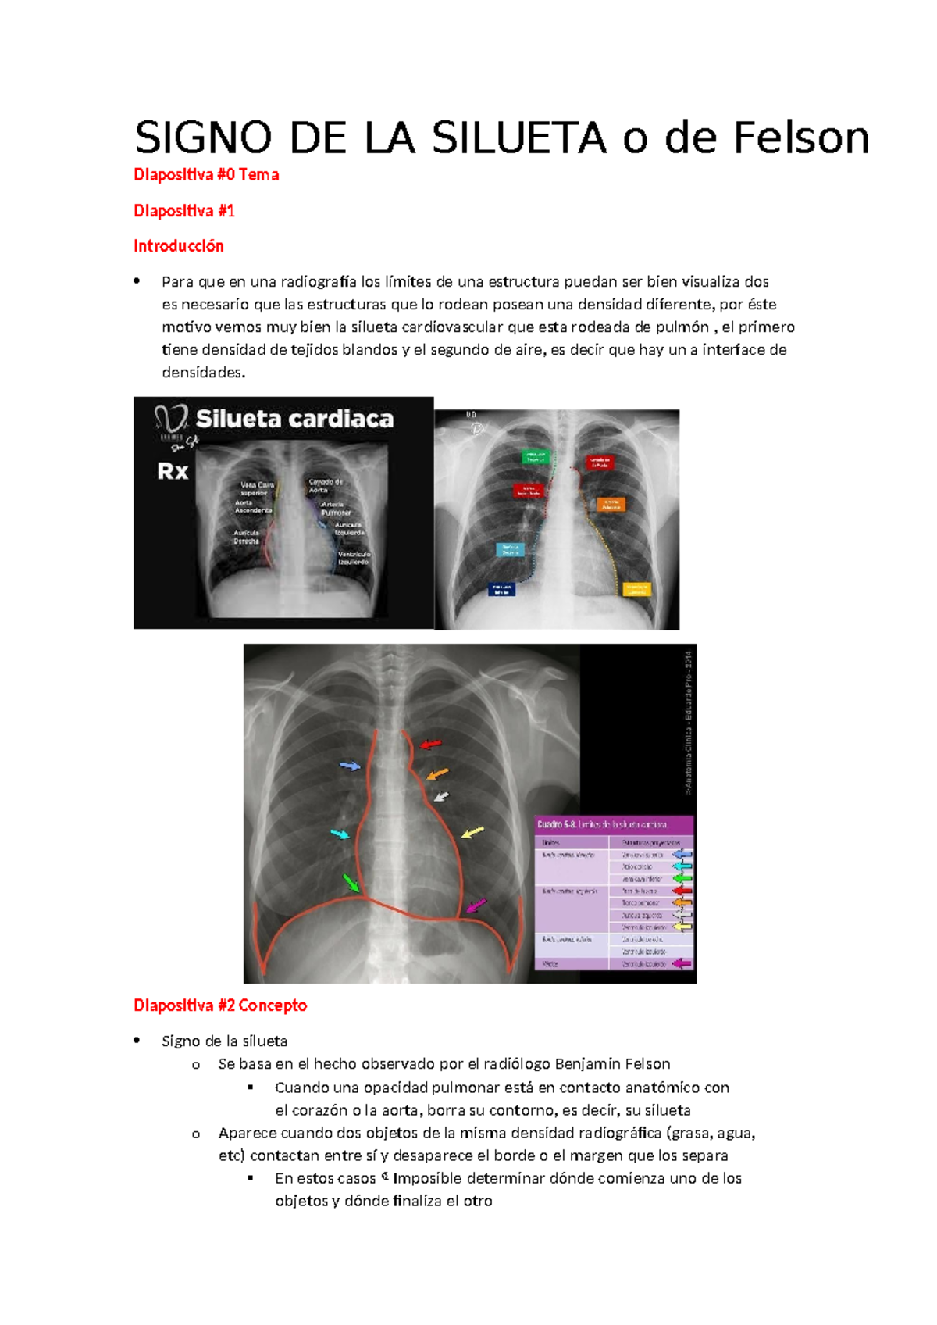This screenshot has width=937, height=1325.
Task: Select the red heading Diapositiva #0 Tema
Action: coord(206,175)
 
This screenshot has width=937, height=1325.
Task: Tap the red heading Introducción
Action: coord(179,246)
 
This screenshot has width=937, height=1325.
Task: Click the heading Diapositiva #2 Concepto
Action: coord(220,1005)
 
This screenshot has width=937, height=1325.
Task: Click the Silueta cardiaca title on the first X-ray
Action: coord(294,420)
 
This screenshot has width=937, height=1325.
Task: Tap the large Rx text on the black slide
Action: coord(173,471)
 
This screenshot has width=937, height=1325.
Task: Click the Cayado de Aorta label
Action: coord(326,486)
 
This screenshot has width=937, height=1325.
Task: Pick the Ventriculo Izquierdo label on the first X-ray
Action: coord(354,558)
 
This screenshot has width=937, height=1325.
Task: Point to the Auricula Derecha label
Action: coord(246,537)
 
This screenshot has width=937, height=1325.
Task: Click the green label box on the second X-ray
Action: coord(536,456)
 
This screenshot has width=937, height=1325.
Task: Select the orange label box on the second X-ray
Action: coord(611,505)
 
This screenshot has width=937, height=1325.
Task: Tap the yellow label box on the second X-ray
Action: coord(636,588)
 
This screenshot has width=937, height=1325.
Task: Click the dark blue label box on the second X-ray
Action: coord(501,590)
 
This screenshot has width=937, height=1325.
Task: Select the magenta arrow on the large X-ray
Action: coord(476,905)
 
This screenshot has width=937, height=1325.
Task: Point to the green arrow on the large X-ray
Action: coord(351,883)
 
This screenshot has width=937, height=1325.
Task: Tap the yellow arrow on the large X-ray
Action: coord(472,833)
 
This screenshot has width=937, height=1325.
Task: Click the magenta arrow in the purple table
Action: coord(682,963)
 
